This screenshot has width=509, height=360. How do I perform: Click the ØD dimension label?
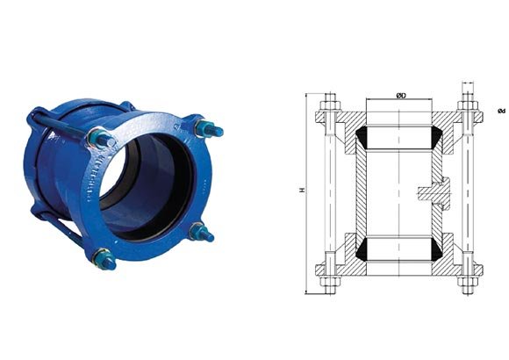[x=401, y=96]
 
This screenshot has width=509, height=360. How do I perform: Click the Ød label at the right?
[x=501, y=111]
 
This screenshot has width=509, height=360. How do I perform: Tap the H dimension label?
[x=302, y=190]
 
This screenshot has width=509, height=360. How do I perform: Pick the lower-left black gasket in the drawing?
[x=362, y=250]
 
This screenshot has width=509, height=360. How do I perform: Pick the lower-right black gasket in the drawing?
[x=437, y=250]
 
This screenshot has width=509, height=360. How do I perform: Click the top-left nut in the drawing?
[x=331, y=105]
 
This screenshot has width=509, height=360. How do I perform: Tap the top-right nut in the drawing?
[x=468, y=105]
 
